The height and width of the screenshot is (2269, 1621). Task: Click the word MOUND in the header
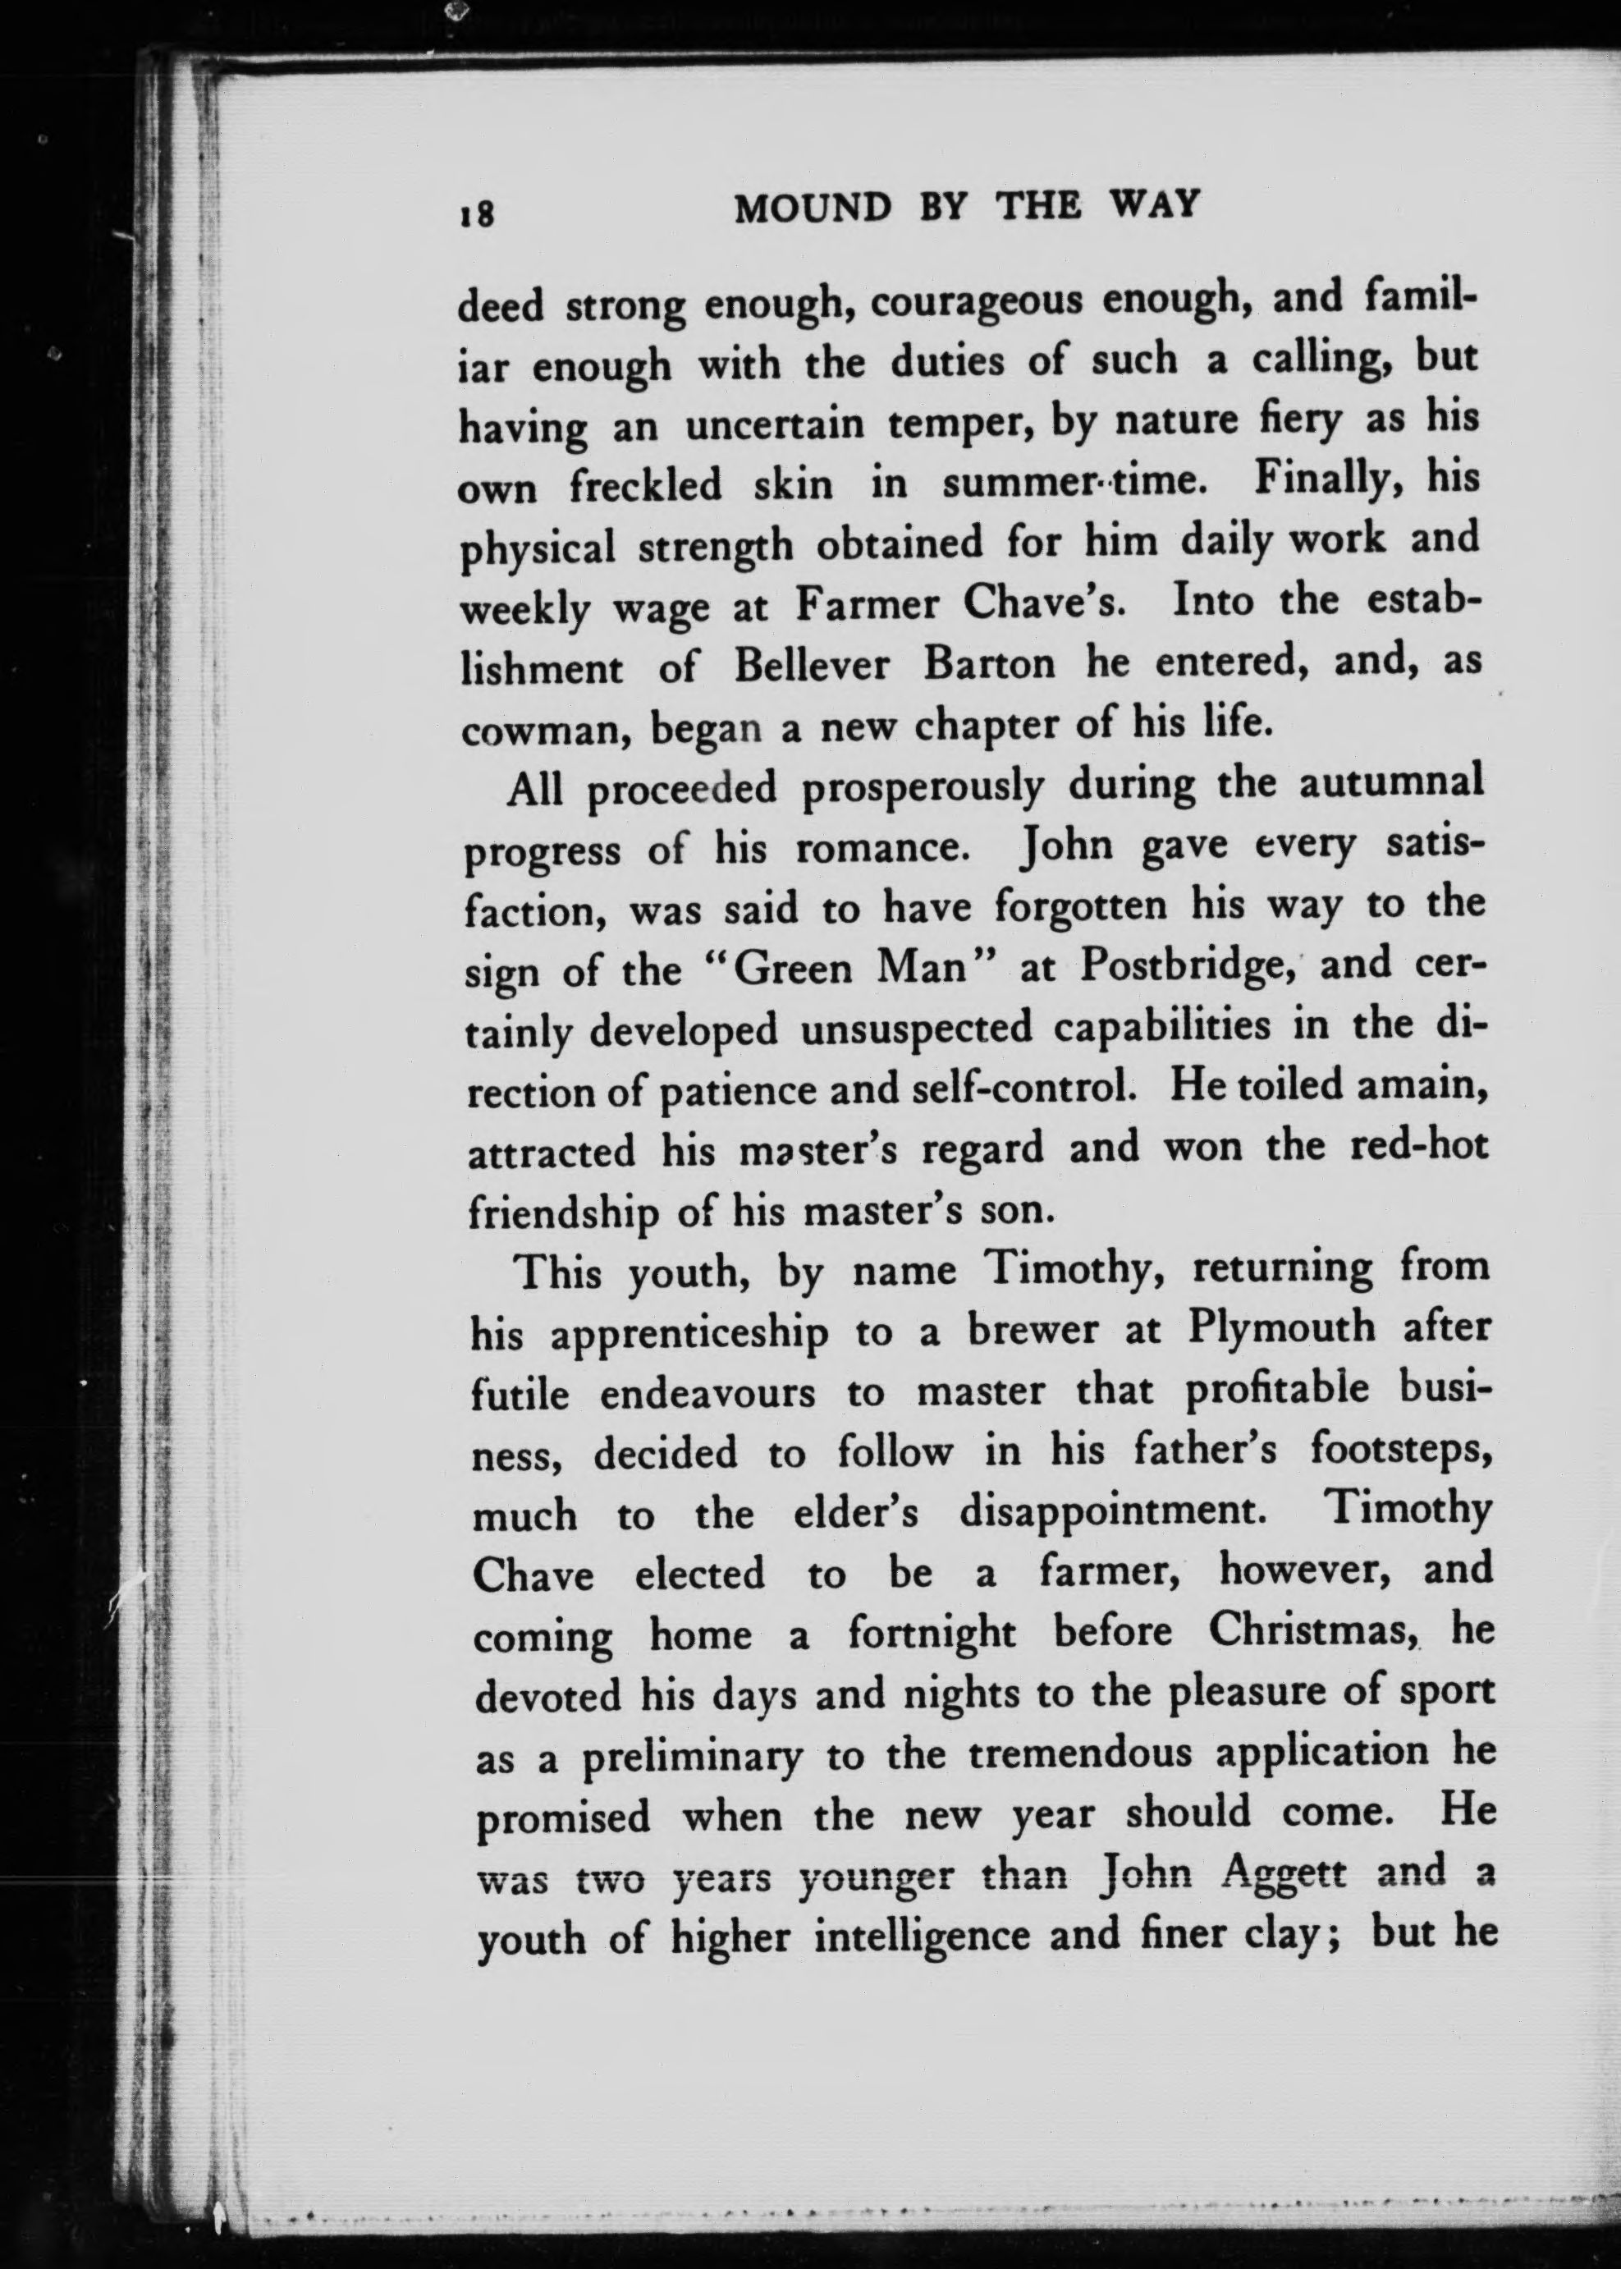813,208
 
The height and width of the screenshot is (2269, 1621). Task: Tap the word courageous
975,302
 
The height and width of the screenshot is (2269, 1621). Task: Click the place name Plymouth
1280,1330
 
